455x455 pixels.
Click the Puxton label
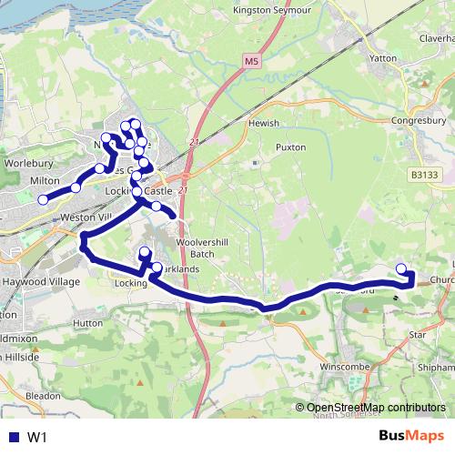click(290, 147)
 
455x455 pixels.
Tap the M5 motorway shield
click(251, 61)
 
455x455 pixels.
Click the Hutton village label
click(87, 323)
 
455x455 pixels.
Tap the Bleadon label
click(43, 397)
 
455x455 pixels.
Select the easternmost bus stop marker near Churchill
click(402, 268)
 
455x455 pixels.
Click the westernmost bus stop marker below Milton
click(43, 200)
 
